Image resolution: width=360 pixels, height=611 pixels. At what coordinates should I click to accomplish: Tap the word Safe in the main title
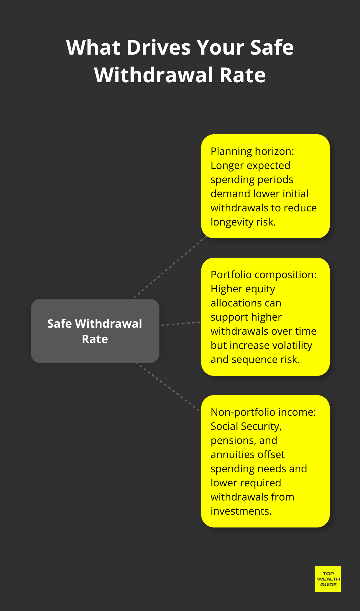(x=272, y=48)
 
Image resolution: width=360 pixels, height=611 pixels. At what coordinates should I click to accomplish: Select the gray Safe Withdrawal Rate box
(x=95, y=331)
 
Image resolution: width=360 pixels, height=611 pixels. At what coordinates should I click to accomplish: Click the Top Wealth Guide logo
(x=328, y=579)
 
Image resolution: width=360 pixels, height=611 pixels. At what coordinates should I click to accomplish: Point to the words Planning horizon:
(x=252, y=151)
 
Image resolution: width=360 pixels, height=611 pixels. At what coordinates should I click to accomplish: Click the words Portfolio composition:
(x=263, y=275)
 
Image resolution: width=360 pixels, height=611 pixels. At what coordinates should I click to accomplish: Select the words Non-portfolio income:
(x=263, y=412)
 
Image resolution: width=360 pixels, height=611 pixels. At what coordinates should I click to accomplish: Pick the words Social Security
(x=246, y=426)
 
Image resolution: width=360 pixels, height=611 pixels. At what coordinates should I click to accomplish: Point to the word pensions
(x=231, y=440)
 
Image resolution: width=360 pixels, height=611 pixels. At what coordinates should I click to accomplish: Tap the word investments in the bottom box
(x=241, y=511)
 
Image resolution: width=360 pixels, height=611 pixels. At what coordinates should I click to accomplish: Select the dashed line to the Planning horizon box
(x=170, y=267)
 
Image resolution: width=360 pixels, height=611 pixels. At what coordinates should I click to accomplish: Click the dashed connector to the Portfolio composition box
(x=181, y=324)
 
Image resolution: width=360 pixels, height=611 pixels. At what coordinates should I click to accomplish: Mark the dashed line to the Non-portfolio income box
(x=169, y=387)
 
